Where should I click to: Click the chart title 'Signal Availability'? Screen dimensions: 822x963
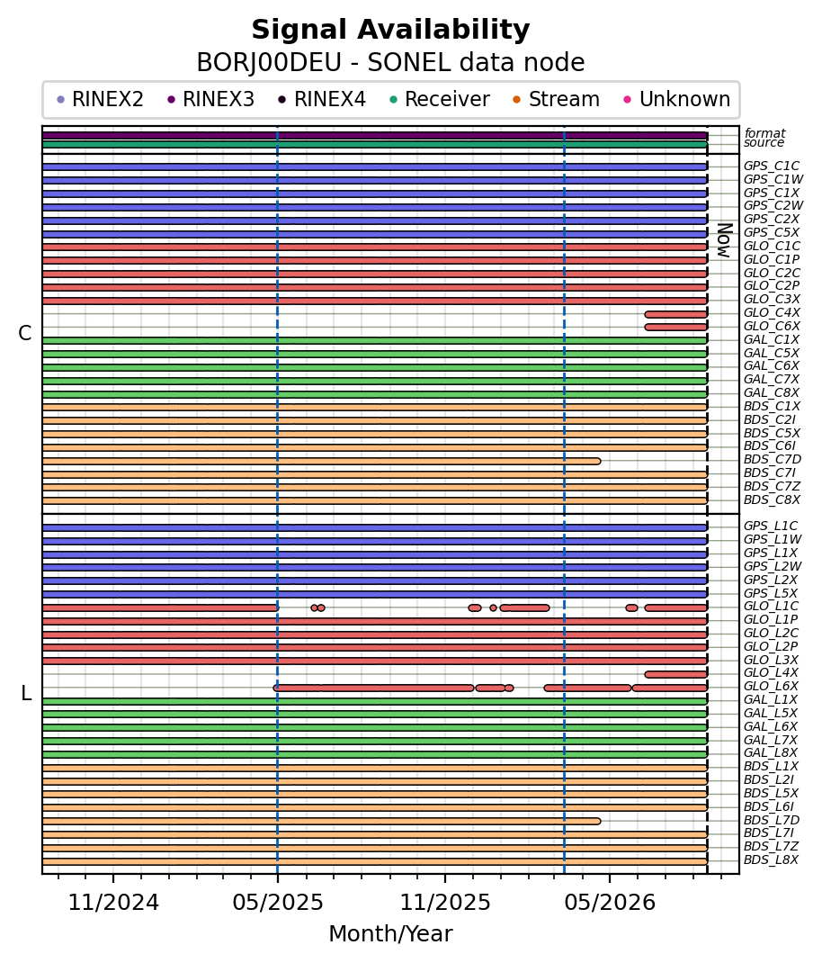click(x=390, y=30)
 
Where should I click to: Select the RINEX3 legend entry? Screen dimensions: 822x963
click(x=210, y=99)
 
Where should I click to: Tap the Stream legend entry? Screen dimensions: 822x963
click(x=556, y=99)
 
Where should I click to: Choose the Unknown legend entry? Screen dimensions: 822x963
click(x=677, y=99)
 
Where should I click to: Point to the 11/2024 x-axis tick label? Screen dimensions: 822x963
click(x=113, y=902)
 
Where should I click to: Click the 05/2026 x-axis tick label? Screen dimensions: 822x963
click(x=611, y=902)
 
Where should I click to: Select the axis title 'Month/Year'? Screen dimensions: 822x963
click(x=390, y=933)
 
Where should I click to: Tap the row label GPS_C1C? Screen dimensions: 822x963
click(x=772, y=166)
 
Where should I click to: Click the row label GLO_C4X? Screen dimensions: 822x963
click(x=772, y=312)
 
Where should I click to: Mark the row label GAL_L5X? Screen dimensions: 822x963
click(x=771, y=713)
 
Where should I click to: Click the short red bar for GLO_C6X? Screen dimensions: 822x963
click(x=676, y=327)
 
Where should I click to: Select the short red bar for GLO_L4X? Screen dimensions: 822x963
click(x=676, y=674)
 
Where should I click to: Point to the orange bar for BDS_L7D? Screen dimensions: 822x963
click(x=322, y=821)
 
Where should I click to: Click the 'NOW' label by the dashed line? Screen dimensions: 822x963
click(x=724, y=241)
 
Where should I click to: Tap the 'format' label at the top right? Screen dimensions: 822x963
click(x=765, y=132)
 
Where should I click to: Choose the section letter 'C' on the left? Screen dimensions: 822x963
click(x=24, y=333)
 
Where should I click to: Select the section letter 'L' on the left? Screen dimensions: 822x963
click(x=26, y=693)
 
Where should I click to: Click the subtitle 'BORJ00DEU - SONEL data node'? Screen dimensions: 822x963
click(x=390, y=63)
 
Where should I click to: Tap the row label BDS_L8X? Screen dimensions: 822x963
click(x=771, y=859)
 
